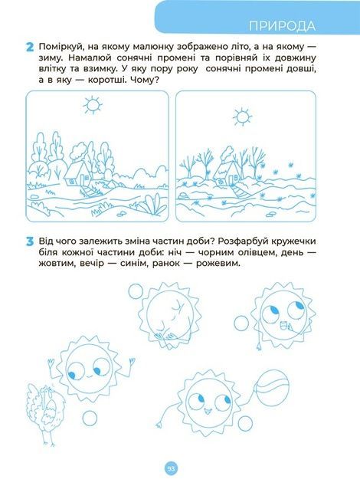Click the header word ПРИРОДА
point(282,26)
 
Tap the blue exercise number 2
point(30,48)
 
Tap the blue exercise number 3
point(30,242)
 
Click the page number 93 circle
point(171,469)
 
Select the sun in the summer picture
point(93,105)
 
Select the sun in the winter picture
point(242,117)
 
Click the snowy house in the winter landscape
point(227,171)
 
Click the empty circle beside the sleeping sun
point(136,291)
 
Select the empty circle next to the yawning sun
point(241,323)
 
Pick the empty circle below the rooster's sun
point(90,418)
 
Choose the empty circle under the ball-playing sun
point(245,424)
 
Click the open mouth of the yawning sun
point(283,326)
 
